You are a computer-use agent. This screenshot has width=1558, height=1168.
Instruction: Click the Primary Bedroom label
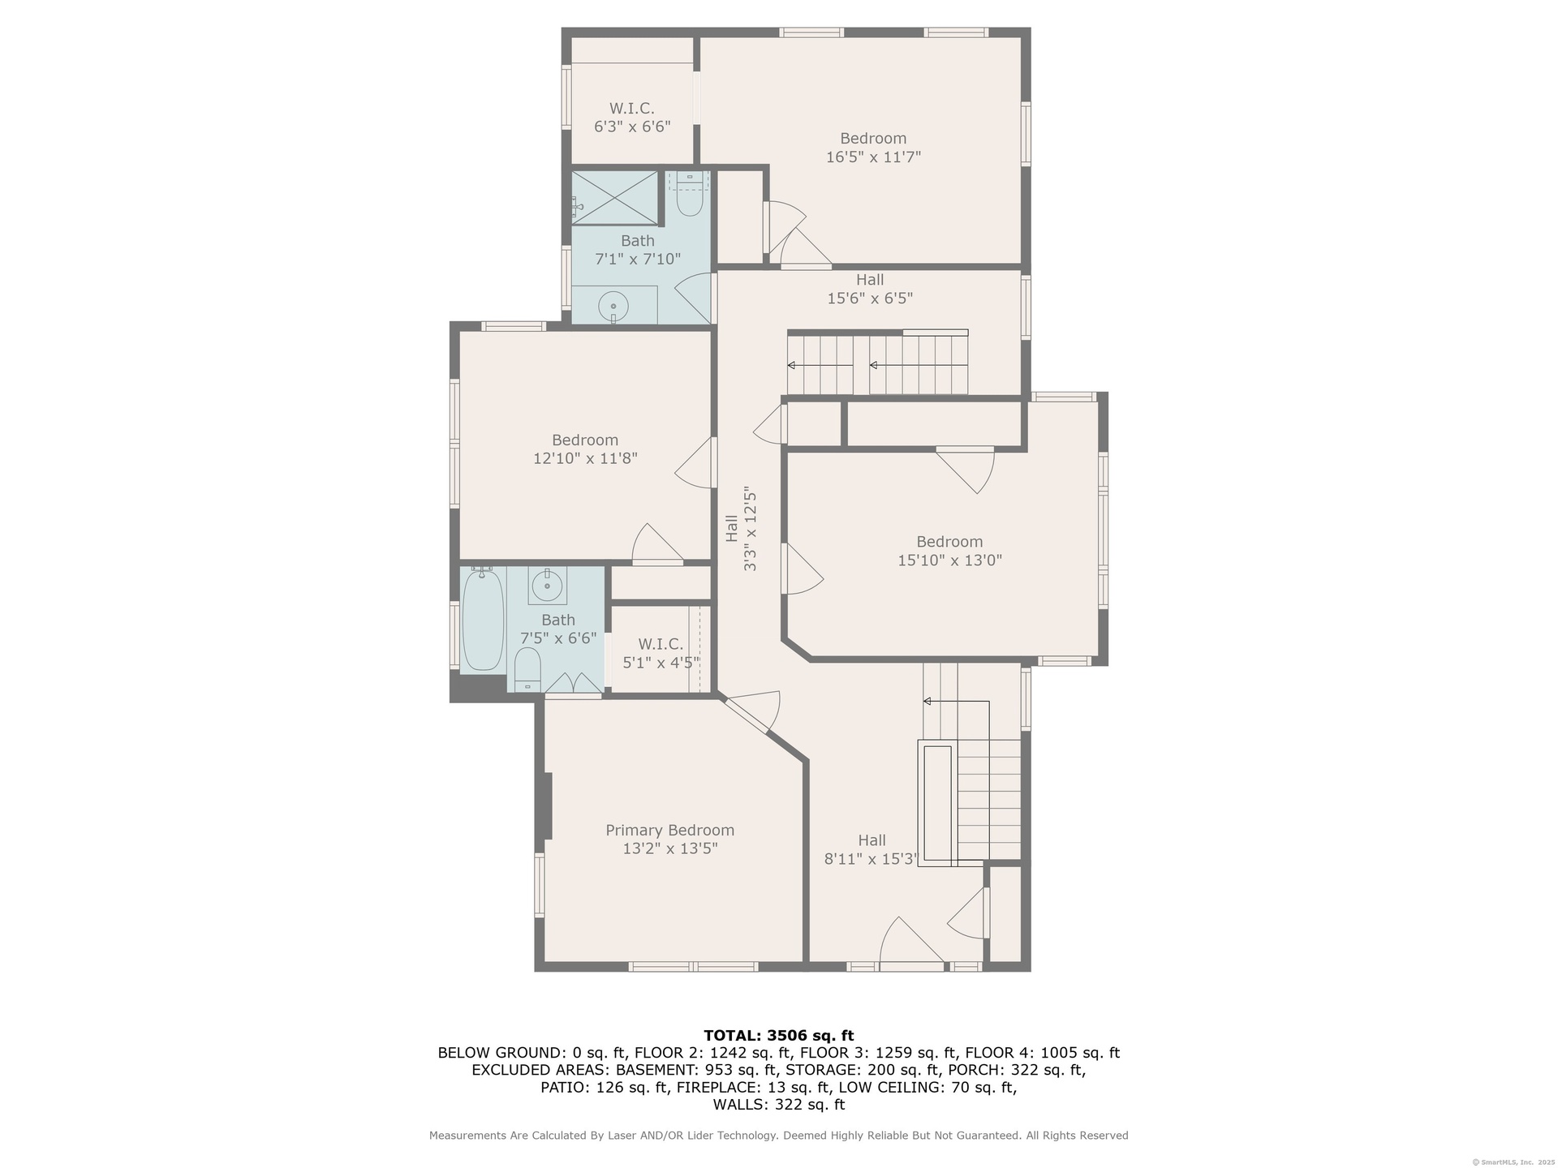[669, 839]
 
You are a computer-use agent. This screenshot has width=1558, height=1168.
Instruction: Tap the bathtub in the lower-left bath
[483, 618]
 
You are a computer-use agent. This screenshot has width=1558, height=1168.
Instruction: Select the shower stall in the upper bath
[614, 197]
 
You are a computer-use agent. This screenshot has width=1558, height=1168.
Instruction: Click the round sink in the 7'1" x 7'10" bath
[613, 307]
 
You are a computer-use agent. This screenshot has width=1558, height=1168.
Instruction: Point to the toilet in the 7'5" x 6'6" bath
[527, 669]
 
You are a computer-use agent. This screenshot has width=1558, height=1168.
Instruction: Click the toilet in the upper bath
[689, 195]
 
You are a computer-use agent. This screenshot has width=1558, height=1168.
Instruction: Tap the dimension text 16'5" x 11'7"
[873, 157]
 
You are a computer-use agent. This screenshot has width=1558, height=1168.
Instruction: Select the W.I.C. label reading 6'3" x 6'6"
[632, 118]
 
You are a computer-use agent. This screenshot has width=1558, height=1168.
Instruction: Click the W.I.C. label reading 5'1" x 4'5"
[661, 654]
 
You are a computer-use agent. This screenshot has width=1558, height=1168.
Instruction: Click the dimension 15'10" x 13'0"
[949, 560]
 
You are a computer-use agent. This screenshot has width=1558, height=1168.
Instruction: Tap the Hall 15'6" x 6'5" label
[870, 289]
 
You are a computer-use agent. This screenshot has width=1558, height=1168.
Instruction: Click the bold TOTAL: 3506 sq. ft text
[779, 1035]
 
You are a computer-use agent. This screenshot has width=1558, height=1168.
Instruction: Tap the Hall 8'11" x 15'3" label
[871, 850]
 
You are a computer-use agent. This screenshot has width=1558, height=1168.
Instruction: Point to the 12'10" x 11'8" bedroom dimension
[585, 458]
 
